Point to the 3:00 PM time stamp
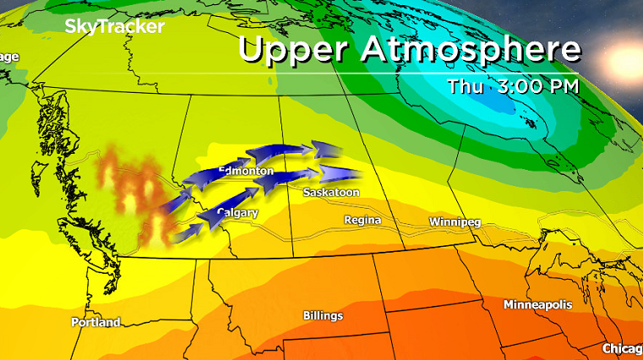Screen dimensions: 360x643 pyautogui.click(x=540, y=86)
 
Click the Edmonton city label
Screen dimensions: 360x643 pyautogui.click(x=246, y=172)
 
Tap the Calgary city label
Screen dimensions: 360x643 pyautogui.click(x=237, y=213)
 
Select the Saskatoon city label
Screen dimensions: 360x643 pyautogui.click(x=331, y=193)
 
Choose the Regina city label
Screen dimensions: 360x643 pyautogui.click(x=362, y=221)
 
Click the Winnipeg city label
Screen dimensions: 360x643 pyautogui.click(x=455, y=221)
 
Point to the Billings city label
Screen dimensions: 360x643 pyautogui.click(x=323, y=315)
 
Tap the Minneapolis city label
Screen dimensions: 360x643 pyautogui.click(x=537, y=303)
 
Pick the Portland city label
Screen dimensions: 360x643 pyautogui.click(x=95, y=322)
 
